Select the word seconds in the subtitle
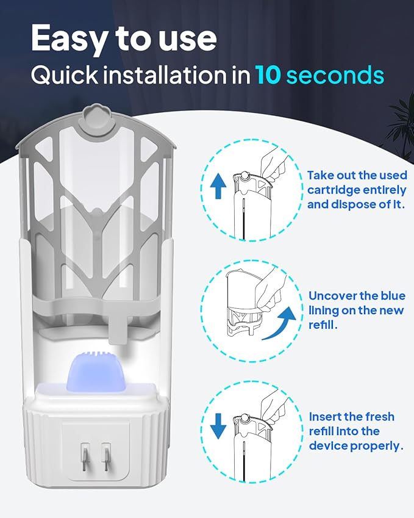(x=335, y=75)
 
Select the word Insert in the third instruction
(x=327, y=417)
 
